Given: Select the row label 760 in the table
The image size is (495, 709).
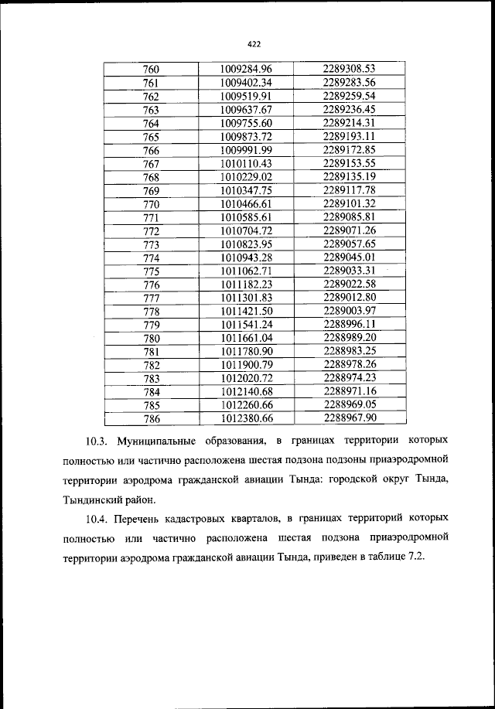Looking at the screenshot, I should click(151, 70).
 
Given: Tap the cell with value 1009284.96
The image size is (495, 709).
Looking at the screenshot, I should click(246, 70).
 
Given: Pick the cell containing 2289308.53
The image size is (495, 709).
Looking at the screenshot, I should click(349, 70).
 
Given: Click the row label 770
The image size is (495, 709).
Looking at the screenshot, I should click(151, 204).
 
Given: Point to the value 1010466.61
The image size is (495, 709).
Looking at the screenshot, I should click(246, 204).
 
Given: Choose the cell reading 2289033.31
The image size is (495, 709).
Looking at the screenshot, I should click(349, 271).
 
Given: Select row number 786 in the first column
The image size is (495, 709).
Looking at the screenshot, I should click(151, 418).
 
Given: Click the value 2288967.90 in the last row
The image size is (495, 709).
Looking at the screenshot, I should click(349, 418).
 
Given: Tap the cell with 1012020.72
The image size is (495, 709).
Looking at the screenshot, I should click(246, 378).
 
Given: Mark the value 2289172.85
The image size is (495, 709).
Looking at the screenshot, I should click(349, 150).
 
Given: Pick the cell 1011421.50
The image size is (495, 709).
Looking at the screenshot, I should click(246, 311).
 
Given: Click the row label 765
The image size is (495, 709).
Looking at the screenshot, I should click(151, 137).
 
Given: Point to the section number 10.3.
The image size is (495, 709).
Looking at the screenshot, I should click(97, 441).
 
